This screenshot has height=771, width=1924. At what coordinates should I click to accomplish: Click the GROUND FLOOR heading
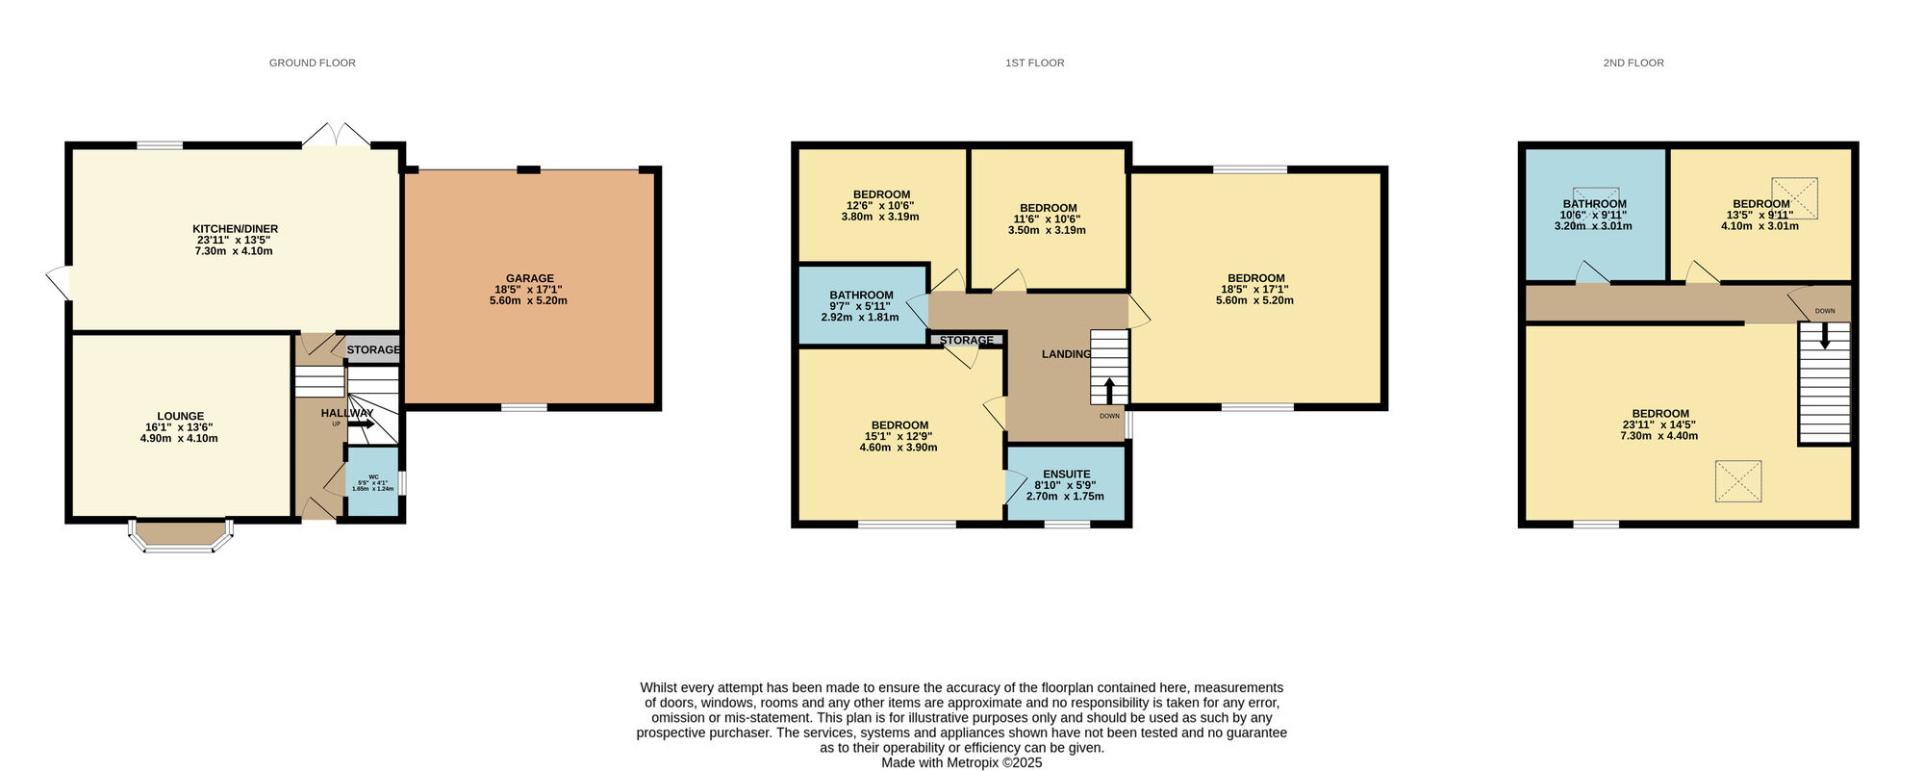[312, 64]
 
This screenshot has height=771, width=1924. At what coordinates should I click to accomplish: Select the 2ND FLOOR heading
[1633, 64]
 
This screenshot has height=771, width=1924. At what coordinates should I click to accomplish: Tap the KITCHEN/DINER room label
[235, 229]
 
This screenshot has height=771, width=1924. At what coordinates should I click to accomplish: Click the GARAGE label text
[529, 279]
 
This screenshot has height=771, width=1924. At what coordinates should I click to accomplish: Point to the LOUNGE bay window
[182, 537]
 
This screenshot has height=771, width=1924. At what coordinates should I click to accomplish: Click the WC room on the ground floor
[373, 481]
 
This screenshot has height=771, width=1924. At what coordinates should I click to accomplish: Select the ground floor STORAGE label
[373, 350]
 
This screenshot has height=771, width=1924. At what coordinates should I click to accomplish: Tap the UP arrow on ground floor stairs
[361, 424]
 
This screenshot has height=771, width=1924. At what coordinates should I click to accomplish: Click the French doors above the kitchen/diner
[336, 136]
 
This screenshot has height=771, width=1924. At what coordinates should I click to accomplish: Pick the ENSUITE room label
[1066, 475]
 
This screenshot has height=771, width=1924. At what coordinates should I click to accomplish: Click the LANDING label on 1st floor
[1066, 354]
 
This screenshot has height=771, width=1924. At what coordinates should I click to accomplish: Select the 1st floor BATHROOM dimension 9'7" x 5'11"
[861, 307]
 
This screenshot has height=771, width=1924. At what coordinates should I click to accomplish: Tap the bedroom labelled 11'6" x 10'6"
[1048, 219]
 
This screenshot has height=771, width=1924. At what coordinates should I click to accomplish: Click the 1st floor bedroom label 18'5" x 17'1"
[1254, 290]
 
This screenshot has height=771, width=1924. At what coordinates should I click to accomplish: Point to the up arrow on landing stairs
[1108, 390]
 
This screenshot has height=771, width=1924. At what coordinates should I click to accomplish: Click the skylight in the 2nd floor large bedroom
[1737, 481]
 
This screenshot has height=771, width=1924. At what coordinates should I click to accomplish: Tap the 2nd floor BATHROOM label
[1594, 204]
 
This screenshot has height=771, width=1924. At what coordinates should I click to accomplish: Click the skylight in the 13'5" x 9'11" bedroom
[1794, 197]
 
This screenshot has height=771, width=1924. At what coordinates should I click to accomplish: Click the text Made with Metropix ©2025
[961, 762]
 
